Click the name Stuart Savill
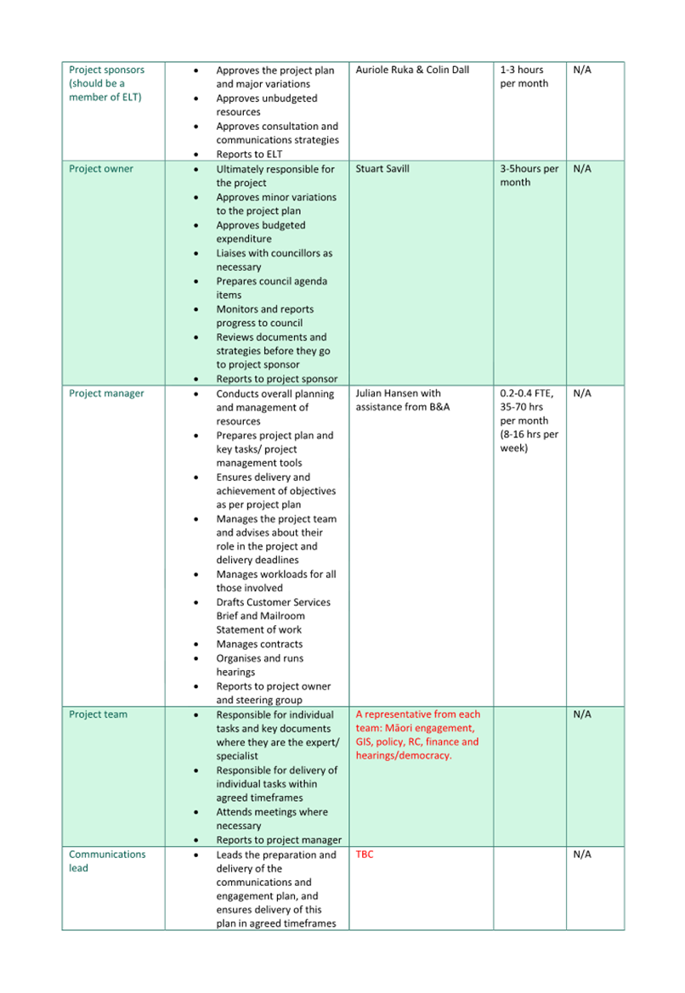(x=382, y=169)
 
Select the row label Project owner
(x=101, y=169)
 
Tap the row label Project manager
(x=106, y=394)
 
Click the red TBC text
(x=365, y=855)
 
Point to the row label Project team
(x=98, y=715)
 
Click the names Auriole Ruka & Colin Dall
(x=412, y=71)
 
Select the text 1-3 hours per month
(x=524, y=76)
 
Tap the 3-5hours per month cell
(x=529, y=175)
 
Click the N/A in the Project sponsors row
(x=582, y=71)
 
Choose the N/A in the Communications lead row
(x=582, y=855)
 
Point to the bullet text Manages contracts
(x=259, y=645)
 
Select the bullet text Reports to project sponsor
(x=276, y=380)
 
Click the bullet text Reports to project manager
(x=279, y=840)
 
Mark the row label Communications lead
(x=107, y=861)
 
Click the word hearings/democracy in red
(x=404, y=756)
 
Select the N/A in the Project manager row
(x=582, y=394)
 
